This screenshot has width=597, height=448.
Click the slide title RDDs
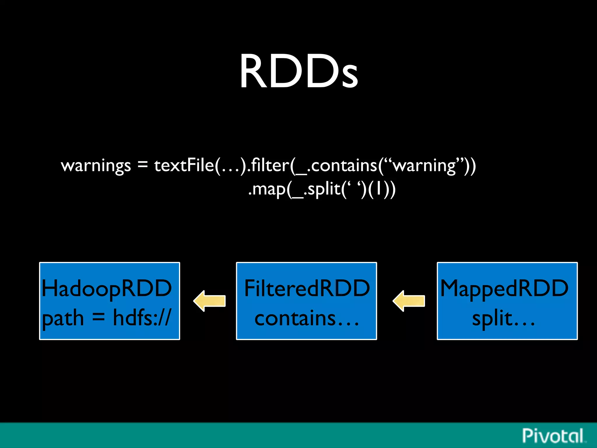[x=298, y=71]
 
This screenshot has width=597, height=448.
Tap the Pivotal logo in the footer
[x=553, y=436]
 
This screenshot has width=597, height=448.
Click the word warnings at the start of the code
[x=96, y=166]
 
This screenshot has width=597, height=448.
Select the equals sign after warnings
[x=143, y=165]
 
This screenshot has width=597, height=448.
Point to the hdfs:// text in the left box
[x=142, y=317]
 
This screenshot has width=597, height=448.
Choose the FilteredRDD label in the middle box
[x=307, y=288]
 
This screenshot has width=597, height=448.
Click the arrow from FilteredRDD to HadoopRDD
[x=209, y=301]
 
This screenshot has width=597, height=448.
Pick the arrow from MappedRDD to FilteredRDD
[x=409, y=301]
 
